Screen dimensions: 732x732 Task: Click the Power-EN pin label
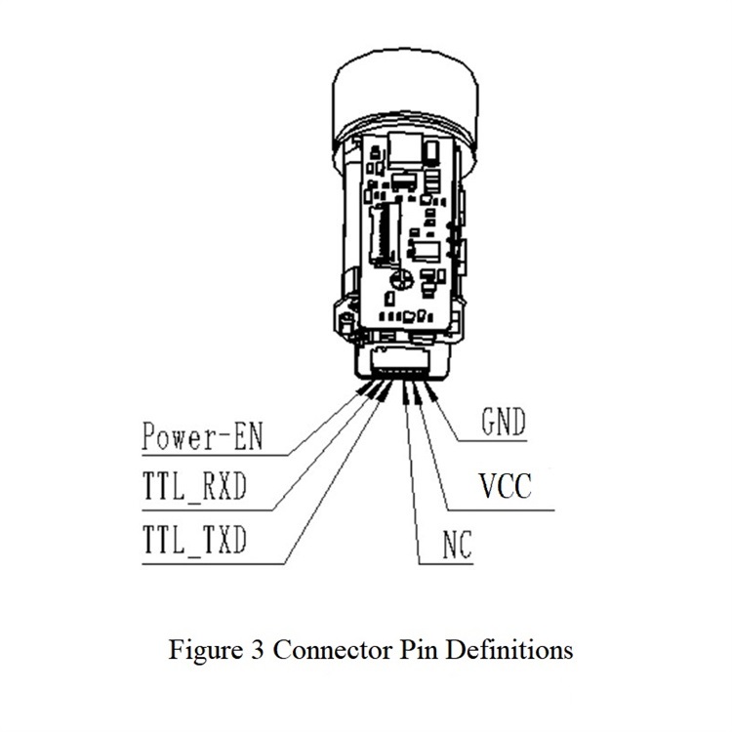[x=201, y=435]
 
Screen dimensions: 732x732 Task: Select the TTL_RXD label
[x=194, y=487]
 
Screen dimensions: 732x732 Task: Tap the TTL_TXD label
[x=194, y=539]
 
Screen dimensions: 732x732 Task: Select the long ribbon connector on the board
[x=382, y=230]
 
